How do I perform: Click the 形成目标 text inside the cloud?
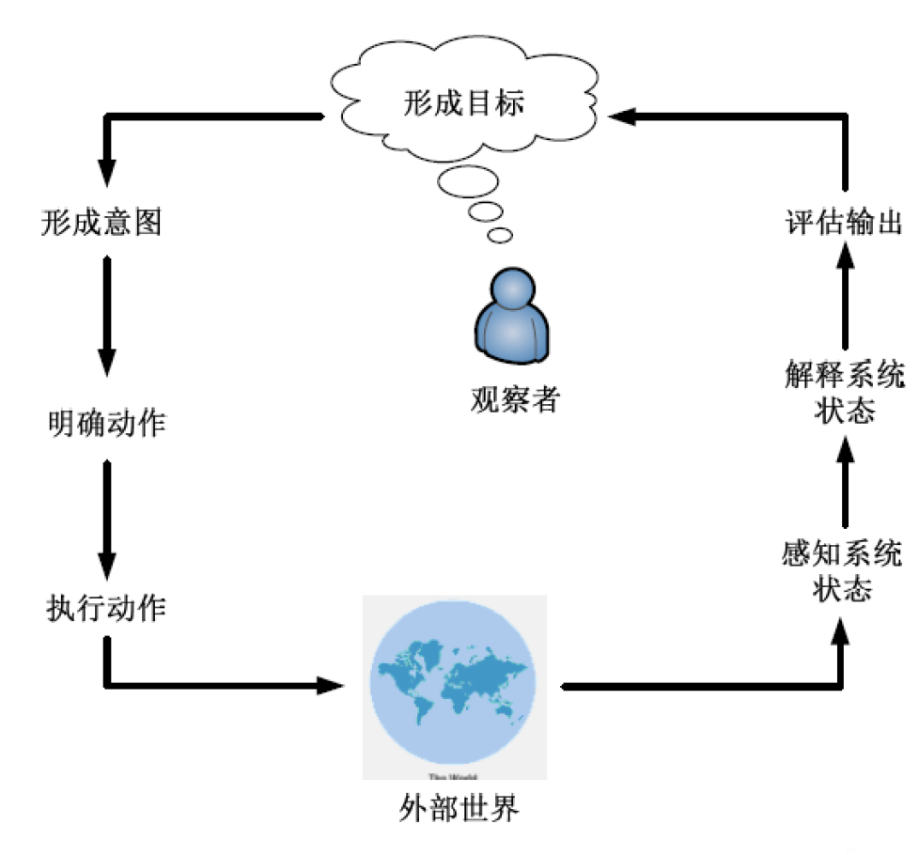[463, 101]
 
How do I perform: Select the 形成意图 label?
[102, 223]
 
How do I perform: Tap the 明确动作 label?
[106, 424]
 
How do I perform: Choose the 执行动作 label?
[106, 609]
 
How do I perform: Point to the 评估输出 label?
[844, 224]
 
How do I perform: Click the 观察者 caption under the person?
[514, 400]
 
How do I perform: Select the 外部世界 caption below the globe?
[459, 808]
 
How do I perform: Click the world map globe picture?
[455, 687]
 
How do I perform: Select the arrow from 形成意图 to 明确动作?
[107, 315]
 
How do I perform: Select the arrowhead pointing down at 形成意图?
[107, 173]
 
